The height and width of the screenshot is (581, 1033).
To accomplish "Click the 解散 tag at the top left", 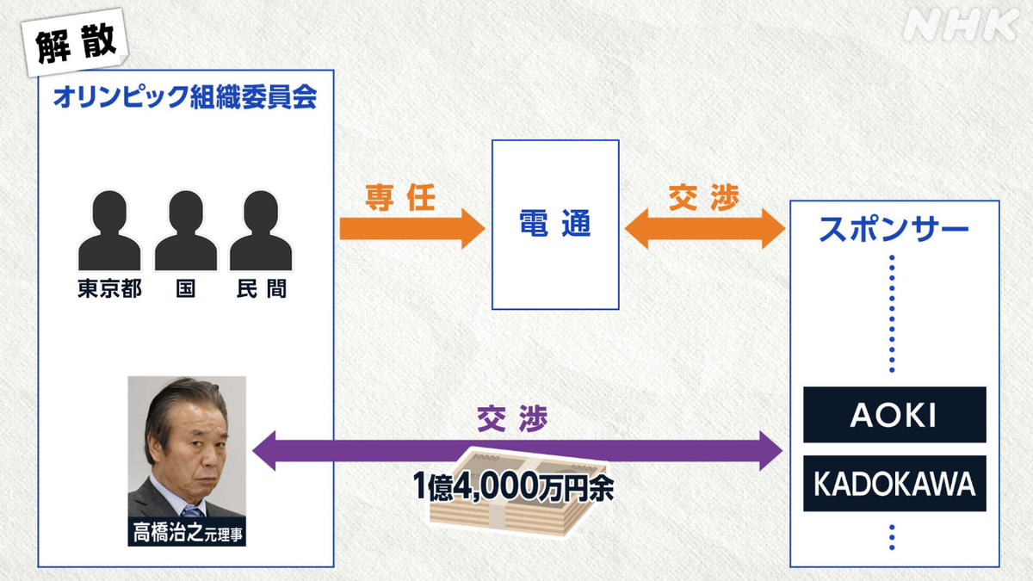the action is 75,42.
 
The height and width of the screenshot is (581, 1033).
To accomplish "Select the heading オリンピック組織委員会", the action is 185,96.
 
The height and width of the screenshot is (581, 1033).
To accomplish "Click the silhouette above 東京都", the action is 109,230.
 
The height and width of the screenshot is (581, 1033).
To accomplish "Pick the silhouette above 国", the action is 186,230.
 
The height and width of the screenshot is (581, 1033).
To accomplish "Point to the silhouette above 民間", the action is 261,230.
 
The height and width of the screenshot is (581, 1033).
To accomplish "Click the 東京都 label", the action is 110,288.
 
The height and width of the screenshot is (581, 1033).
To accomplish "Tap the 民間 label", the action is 262,288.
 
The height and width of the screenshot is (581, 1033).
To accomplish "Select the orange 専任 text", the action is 400,198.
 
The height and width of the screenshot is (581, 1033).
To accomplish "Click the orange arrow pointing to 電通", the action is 412,228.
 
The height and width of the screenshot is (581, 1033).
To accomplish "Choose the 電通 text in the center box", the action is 555,224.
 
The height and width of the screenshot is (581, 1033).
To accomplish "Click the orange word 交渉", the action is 704,197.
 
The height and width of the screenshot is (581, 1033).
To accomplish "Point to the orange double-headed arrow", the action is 705,228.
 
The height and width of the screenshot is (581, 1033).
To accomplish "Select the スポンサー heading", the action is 894,229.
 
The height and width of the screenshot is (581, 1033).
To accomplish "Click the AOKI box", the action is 894,415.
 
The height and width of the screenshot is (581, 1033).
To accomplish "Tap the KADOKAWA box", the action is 894,483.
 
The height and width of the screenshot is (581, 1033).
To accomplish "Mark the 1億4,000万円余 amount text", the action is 513,486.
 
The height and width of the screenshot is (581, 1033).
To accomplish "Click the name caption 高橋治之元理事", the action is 187,532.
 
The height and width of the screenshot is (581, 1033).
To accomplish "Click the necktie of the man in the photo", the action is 193,511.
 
